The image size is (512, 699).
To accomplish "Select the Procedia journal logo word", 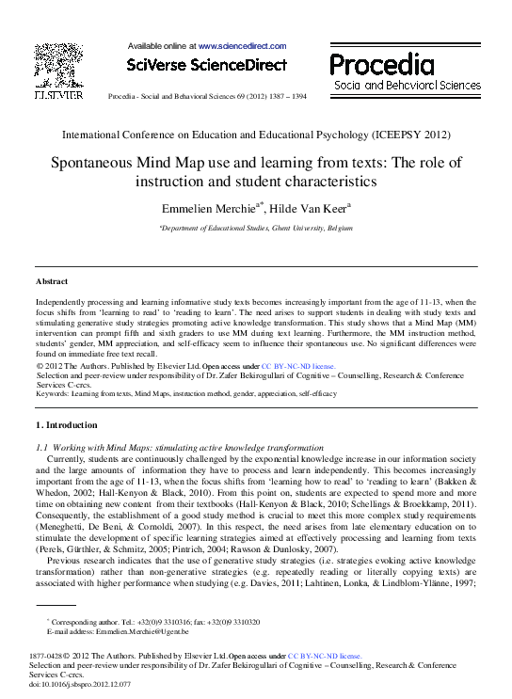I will click(381, 64).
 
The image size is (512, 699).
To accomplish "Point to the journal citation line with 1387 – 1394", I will click(206, 96).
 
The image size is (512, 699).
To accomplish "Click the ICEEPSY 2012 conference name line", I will click(255, 135).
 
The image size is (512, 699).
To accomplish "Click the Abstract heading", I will click(53, 280).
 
